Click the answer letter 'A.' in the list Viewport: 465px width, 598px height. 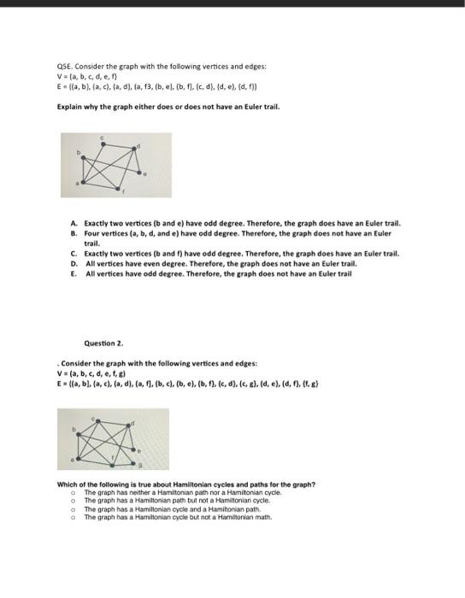[75, 221]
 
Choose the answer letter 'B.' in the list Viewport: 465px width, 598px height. [75, 230]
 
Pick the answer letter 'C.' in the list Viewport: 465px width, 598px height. [75, 253]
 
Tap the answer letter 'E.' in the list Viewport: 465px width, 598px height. [75, 273]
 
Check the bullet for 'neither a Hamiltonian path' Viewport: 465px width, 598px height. [75, 493]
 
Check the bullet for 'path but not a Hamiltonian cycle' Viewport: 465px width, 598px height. [75, 500]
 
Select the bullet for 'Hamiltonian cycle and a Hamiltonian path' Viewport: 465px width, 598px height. [75, 508]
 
